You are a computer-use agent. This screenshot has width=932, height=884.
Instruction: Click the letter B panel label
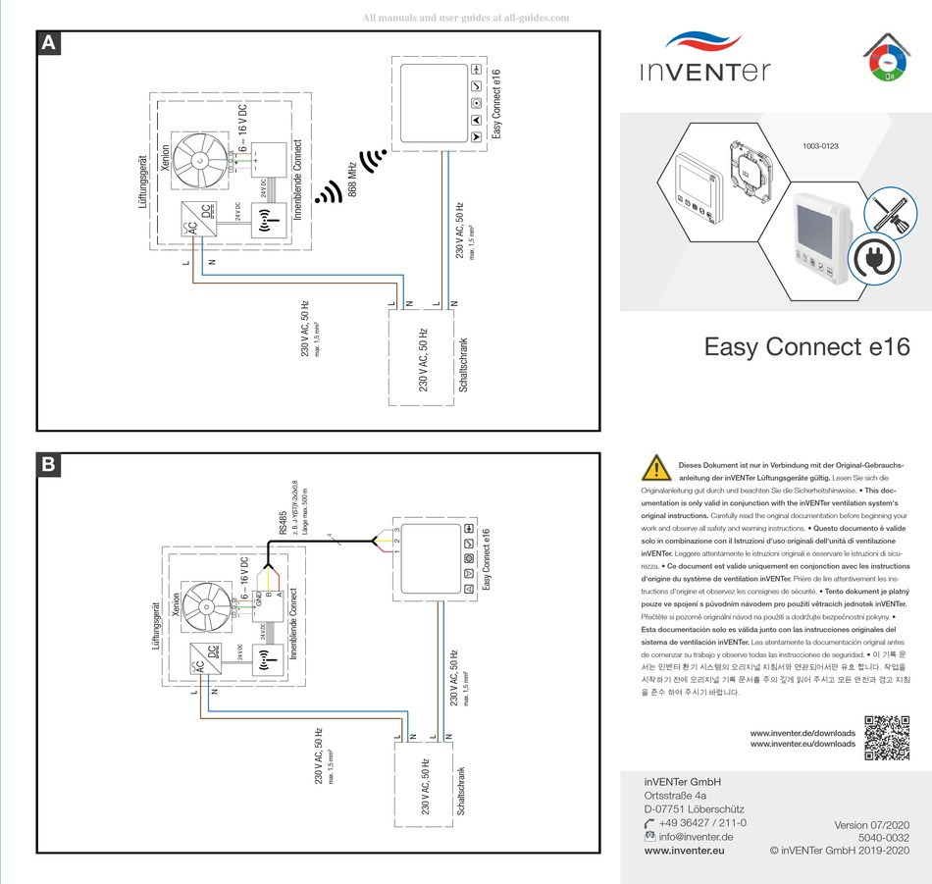(48, 465)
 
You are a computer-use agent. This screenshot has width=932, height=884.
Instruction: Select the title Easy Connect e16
(806, 347)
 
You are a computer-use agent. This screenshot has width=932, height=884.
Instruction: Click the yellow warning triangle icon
(654, 468)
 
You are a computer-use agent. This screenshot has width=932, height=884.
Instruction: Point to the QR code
(887, 738)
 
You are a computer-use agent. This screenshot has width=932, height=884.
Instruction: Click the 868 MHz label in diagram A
(352, 177)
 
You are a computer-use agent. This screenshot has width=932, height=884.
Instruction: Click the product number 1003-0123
(821, 146)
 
